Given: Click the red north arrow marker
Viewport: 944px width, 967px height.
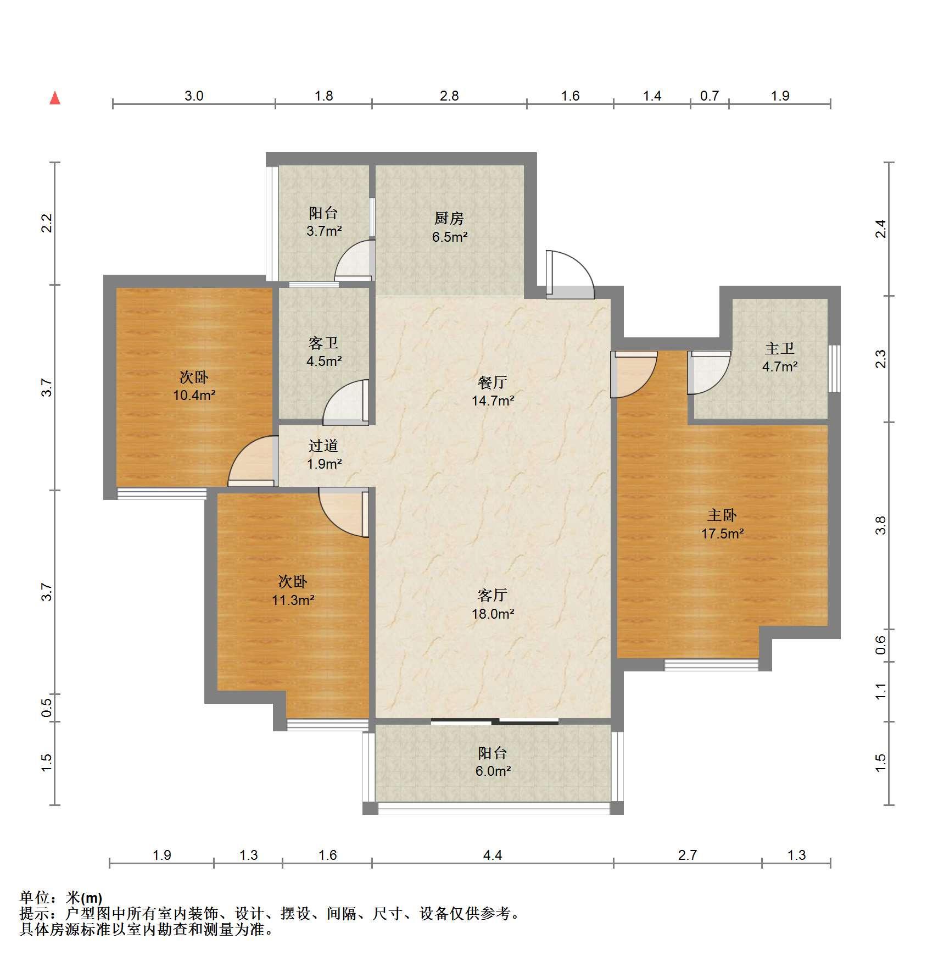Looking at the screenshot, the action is [55, 98].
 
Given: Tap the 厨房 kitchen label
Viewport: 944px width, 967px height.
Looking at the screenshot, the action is [449, 218].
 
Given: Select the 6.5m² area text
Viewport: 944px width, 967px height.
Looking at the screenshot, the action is [450, 237].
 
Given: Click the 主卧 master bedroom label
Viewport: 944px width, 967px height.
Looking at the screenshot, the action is [722, 515].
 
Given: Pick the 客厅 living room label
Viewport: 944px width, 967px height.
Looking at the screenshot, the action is [493, 595].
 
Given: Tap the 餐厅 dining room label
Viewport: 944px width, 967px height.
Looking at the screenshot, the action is [493, 382].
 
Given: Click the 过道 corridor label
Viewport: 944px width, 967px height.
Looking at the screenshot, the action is [323, 446].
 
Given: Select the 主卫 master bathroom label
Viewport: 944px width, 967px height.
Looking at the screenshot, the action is [780, 348].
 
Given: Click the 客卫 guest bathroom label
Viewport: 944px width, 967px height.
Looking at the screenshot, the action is [323, 343].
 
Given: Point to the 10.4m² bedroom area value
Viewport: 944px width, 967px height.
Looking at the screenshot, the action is [194, 395].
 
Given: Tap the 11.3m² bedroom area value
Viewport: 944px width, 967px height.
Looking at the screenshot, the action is [293, 600].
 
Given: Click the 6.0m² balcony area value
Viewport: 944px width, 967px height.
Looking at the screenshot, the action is [493, 771].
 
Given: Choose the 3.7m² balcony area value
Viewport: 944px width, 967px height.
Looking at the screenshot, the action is [324, 231].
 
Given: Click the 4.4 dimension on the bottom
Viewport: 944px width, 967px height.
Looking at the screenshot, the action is [493, 855].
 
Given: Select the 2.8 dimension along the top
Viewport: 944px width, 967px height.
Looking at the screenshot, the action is [449, 96].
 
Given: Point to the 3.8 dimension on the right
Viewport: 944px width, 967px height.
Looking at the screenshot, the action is [881, 525].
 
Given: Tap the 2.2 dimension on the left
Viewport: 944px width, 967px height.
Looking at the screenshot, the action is [47, 223].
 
